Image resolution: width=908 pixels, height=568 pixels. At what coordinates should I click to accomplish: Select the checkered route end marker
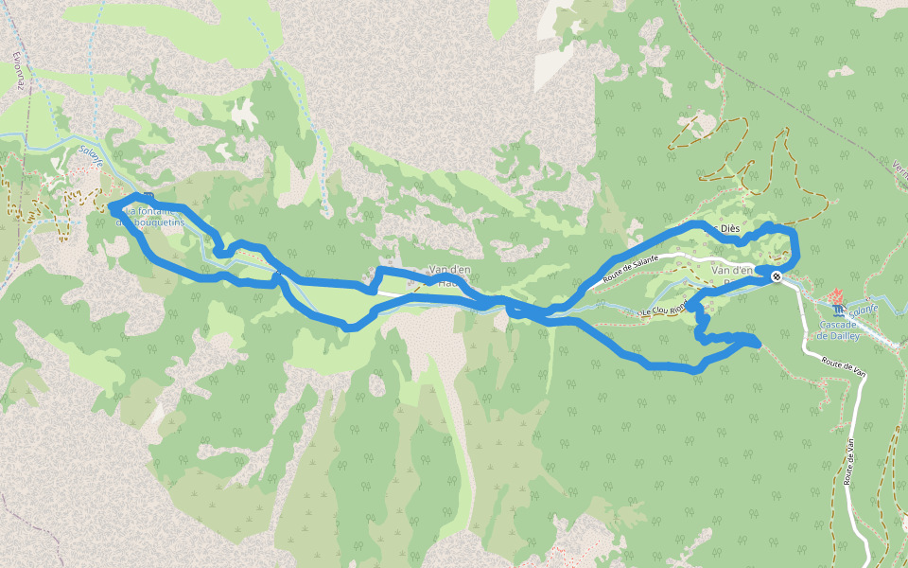click(777, 276)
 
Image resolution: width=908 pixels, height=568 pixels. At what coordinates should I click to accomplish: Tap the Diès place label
click(729, 229)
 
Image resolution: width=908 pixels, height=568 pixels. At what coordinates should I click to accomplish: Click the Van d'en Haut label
click(449, 275)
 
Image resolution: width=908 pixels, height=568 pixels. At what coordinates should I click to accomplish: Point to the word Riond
click(678, 308)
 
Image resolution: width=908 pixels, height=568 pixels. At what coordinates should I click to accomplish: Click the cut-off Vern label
click(899, 167)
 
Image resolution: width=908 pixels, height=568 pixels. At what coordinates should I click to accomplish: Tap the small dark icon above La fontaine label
click(148, 195)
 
